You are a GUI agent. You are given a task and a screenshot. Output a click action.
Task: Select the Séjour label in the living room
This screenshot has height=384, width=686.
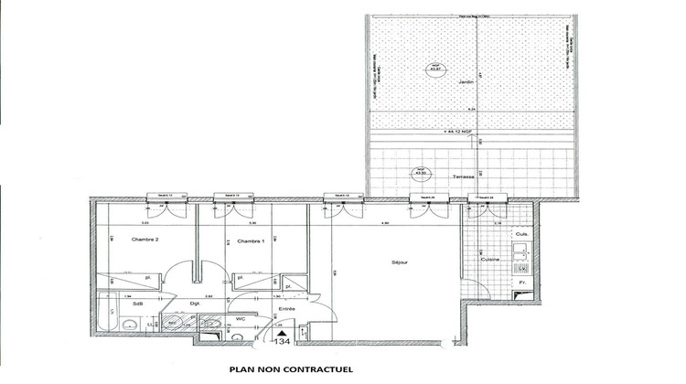tap(399, 262)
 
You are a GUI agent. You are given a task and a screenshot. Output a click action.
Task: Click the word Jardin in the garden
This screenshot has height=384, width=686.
tap(460, 81)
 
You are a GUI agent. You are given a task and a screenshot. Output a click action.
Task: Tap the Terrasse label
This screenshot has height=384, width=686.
tap(464, 176)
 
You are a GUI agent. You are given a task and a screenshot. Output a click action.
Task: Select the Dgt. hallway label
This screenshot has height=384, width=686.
tap(195, 303)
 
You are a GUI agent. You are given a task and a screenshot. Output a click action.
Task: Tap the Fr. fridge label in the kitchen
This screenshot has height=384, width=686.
tap(522, 283)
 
